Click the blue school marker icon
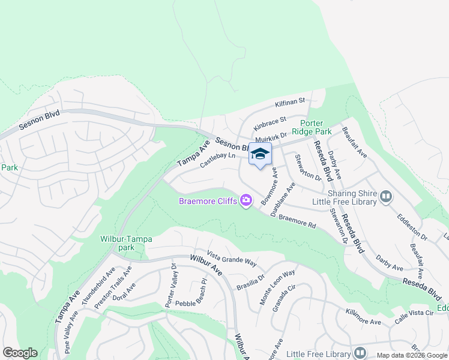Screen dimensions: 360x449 click(260, 155)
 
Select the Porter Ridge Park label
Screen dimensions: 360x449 click(312, 127)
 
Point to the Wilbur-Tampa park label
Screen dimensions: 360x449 click(126, 243)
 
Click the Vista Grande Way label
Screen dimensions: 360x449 click(232, 260)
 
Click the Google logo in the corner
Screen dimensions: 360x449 click(20, 353)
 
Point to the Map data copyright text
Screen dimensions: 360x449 click(412, 355)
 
